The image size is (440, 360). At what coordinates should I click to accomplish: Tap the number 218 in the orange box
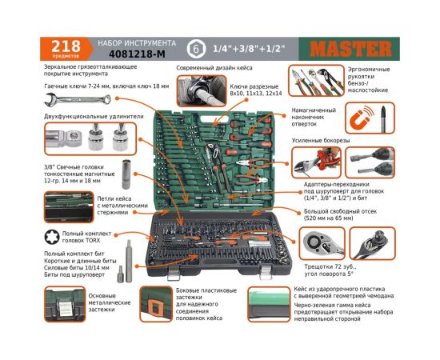[x=64, y=45]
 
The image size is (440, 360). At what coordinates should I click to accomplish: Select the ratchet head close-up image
[x=323, y=238]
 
